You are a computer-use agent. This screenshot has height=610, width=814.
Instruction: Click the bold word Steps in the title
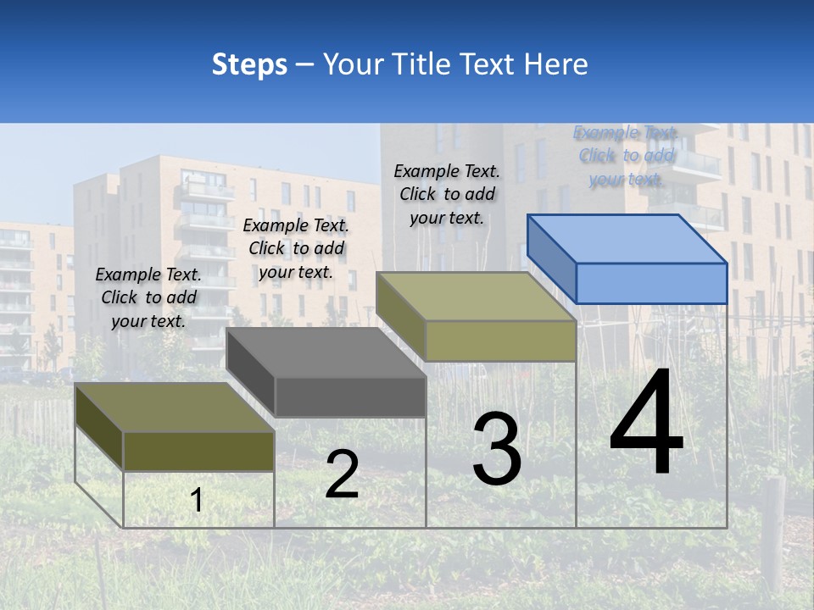click(249, 64)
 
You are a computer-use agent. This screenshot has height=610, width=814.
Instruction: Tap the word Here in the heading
click(556, 64)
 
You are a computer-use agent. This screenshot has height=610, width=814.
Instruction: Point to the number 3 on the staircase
click(497, 448)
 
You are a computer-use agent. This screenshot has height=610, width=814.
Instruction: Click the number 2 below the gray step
click(342, 474)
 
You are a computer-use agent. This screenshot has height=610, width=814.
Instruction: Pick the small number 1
click(197, 501)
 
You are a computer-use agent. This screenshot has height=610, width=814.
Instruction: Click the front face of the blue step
click(651, 283)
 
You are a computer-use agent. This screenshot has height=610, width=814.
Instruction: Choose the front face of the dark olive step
click(198, 452)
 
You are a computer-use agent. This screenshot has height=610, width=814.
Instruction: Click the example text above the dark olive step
click(148, 297)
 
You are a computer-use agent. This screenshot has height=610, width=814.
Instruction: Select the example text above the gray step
click(296, 248)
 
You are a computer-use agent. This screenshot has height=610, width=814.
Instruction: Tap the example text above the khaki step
click(447, 194)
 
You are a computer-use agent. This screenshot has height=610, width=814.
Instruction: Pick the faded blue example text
click(626, 155)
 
